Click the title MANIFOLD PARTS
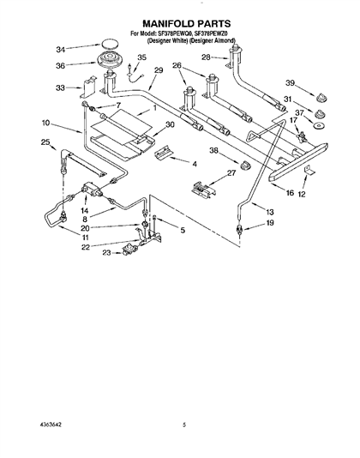pyautogui.click(x=186, y=23)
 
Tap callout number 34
pyautogui.click(x=61, y=51)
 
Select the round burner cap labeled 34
pyautogui.click(x=110, y=45)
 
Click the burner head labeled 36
pyautogui.click(x=110, y=61)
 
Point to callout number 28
pyautogui.click(x=206, y=57)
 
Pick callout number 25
pyautogui.click(x=45, y=142)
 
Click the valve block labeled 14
pyautogui.click(x=92, y=189)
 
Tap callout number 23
pyautogui.click(x=106, y=252)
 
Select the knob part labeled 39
pyautogui.click(x=321, y=98)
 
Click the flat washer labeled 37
pyautogui.click(x=318, y=126)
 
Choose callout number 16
pyautogui.click(x=290, y=193)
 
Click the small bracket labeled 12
pyautogui.click(x=309, y=171)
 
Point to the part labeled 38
pyautogui.click(x=246, y=166)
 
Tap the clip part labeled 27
pyautogui.click(x=203, y=190)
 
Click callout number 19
pyautogui.click(x=270, y=223)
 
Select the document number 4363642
pyautogui.click(x=51, y=425)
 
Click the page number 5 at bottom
pyautogui.click(x=184, y=425)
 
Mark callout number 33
pyautogui.click(x=60, y=87)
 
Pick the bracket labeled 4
pyautogui.click(x=164, y=152)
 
